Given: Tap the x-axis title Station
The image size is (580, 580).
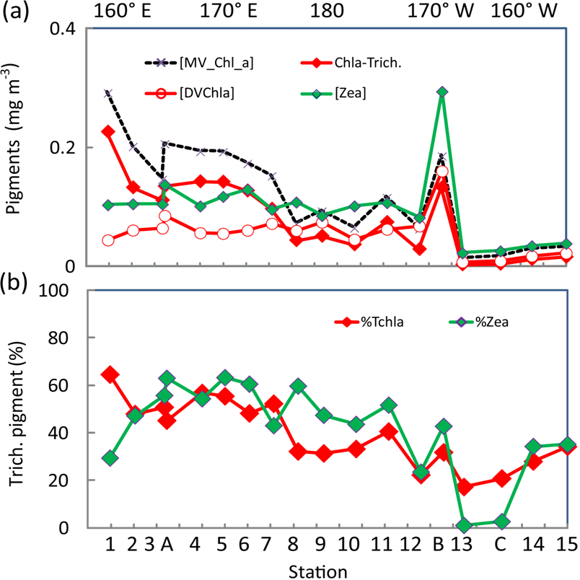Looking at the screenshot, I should (325, 570).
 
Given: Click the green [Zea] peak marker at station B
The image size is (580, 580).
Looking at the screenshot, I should (442, 92).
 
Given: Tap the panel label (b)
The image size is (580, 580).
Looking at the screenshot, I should (15, 280).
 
